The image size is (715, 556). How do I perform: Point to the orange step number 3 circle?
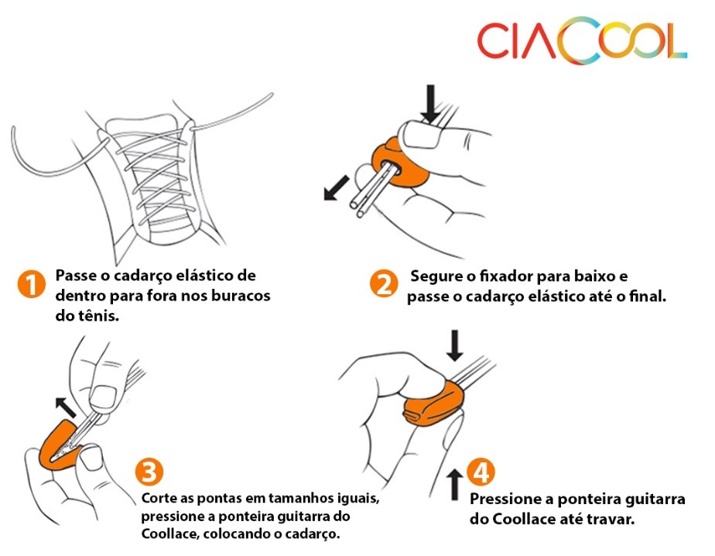(x=150, y=472)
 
